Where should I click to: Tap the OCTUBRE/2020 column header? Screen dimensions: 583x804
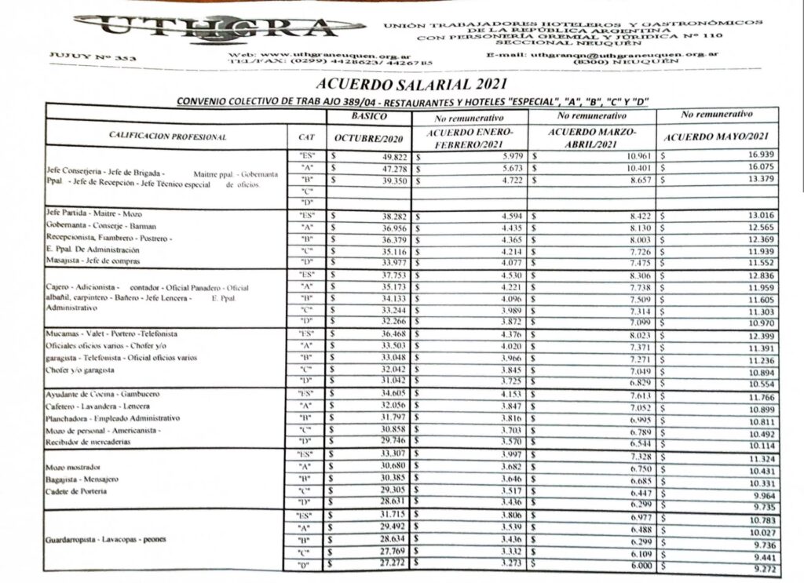[368, 139]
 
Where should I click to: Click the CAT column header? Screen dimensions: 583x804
[307, 137]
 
